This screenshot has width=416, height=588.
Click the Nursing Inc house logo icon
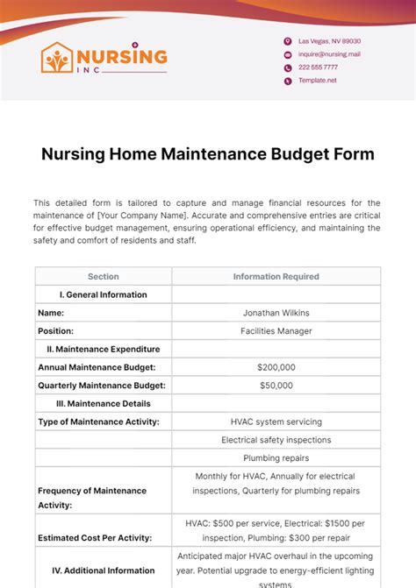58,59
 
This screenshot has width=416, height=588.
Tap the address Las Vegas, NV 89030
329,41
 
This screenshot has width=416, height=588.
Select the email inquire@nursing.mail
329,54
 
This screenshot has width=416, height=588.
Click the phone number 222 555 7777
318,67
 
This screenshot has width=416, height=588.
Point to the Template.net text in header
317,81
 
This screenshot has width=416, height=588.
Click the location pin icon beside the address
287,41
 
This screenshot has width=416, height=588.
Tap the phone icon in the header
287,67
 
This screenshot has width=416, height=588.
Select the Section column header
103,277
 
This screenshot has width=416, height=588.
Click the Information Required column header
276,277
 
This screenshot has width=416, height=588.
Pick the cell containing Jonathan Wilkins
276,313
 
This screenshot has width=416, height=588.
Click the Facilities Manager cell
276,331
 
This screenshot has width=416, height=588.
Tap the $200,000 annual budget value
276,367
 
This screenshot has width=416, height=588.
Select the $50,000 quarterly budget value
276,386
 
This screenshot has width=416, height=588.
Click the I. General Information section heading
103,294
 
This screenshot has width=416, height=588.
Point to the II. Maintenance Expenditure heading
103,349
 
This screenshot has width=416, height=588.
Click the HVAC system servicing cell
276,422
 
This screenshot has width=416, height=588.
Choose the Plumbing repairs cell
276,458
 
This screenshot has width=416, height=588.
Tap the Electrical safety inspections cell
276,440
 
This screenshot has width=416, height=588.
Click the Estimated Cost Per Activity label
95,537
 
